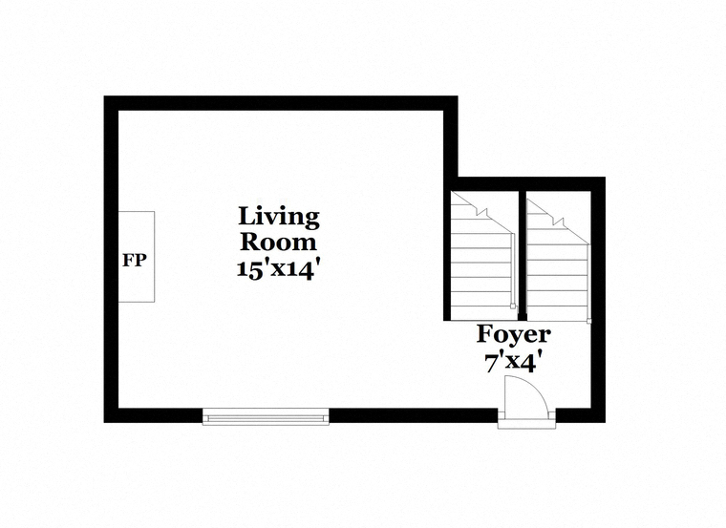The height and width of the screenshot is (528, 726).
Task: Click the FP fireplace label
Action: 135,260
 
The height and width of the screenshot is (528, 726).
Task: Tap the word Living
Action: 279,217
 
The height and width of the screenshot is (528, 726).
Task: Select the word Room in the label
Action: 279,242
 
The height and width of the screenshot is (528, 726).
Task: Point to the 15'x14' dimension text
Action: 279,269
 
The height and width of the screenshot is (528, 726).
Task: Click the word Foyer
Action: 514,334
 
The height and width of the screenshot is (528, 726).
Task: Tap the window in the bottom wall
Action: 266,416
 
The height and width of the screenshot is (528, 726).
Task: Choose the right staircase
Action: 559,256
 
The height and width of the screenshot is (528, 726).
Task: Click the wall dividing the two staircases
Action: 523,256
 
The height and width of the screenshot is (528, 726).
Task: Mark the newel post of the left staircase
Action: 513,306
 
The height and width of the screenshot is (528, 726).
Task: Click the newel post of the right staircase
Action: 589,321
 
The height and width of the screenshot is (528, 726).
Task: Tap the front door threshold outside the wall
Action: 527,424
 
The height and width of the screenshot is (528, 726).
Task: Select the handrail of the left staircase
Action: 513,268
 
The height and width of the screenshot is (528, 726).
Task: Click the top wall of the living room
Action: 281,103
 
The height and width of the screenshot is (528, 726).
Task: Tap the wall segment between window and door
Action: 414,415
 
